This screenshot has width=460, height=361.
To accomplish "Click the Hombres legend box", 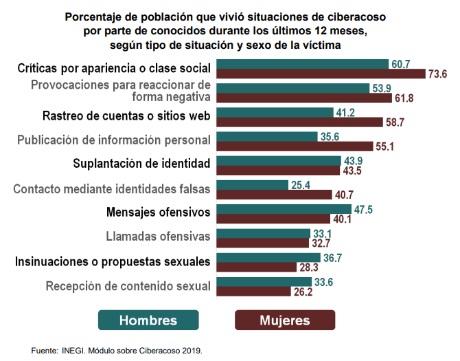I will pos(148,320).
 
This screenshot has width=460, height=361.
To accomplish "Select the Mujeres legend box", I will pos(285,320).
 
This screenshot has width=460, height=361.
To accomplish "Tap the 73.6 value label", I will pos(437,74).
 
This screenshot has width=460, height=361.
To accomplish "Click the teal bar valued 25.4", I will pos(253,185).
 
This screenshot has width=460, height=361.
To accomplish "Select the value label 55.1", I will pos(382,146).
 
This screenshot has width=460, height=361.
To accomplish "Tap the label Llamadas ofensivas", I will pos(158,237).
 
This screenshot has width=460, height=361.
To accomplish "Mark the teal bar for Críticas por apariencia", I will pos(302,64).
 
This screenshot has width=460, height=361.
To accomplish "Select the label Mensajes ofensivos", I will pos(158,211).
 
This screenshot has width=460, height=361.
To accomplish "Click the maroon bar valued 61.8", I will pos(304,98).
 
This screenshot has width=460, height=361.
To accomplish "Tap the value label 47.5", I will pos(363,210).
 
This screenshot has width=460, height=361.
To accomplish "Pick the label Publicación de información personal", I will pos(114,140).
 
